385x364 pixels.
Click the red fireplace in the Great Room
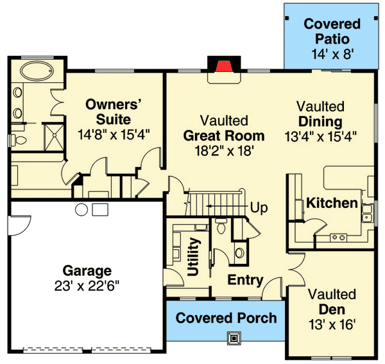click(x=222, y=66)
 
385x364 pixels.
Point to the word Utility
click(x=194, y=257)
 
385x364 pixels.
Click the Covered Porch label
click(x=226, y=318)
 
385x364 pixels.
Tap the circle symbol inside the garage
click(x=81, y=209)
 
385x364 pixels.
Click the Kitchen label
click(x=331, y=204)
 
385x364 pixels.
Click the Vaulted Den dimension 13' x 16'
click(x=331, y=325)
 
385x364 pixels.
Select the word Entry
click(x=245, y=280)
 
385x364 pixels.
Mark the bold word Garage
click(x=87, y=270)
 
